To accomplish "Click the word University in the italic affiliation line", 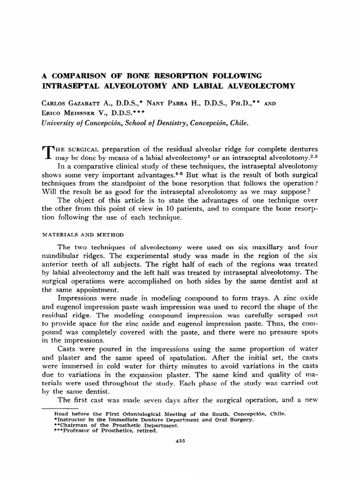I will pos(71,123).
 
